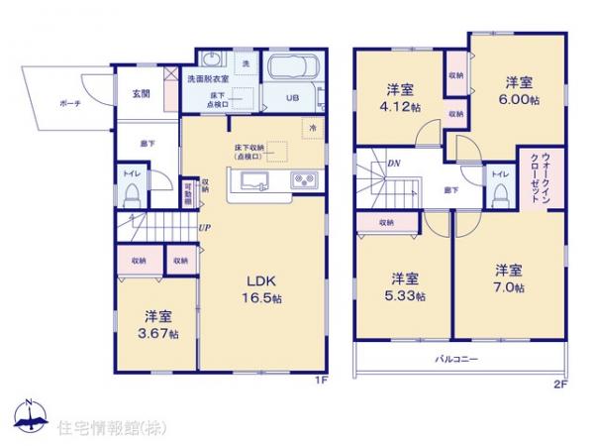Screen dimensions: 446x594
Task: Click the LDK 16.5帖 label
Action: [264, 288]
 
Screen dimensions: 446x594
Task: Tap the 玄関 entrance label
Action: [140, 94]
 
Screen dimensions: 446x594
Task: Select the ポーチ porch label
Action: [69, 102]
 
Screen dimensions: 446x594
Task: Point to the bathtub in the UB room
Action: [293, 72]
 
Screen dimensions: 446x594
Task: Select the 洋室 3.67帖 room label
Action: [160, 325]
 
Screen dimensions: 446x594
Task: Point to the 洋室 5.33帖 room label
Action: [406, 286]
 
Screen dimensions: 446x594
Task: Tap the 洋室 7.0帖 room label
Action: [509, 278]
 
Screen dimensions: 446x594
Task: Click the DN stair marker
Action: [394, 163]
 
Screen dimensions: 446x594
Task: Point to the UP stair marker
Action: [203, 228]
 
